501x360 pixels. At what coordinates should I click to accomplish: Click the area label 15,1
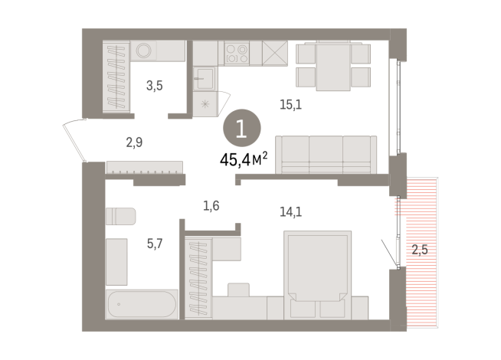pyautogui.click(x=291, y=105)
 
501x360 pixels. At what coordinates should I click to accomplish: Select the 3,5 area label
pyautogui.click(x=154, y=85)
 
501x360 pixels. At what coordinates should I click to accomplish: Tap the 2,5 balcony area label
pyautogui.click(x=420, y=248)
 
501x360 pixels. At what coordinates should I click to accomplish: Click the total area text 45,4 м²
pyautogui.click(x=242, y=160)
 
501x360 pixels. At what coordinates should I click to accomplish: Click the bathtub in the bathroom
pyautogui.click(x=142, y=304)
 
